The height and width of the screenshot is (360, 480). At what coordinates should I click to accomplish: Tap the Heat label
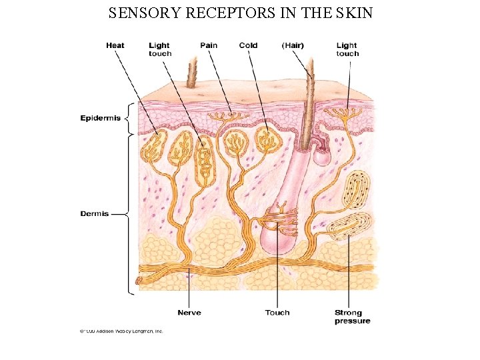(x=115, y=45)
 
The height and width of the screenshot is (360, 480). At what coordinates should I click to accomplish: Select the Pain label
(x=209, y=45)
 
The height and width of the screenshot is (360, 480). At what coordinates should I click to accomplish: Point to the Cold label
(x=248, y=45)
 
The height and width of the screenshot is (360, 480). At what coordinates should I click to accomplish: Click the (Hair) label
(x=293, y=45)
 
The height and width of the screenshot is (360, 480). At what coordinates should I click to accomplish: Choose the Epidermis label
(x=101, y=119)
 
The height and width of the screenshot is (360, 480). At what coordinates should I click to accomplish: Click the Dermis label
(x=95, y=214)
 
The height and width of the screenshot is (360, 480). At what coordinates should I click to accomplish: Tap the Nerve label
(x=189, y=313)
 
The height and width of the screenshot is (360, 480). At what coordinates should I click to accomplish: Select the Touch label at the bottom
(x=277, y=313)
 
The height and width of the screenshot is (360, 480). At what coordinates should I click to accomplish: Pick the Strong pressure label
(x=352, y=317)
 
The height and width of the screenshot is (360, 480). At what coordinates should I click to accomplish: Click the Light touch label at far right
(x=347, y=49)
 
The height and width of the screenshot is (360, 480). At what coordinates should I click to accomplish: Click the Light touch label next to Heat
(x=160, y=49)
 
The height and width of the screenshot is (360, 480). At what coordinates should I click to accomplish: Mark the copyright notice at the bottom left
(x=121, y=331)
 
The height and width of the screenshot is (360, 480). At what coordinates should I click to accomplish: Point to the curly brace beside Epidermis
(x=129, y=119)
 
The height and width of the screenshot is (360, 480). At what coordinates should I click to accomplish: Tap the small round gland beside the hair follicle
(x=323, y=156)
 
